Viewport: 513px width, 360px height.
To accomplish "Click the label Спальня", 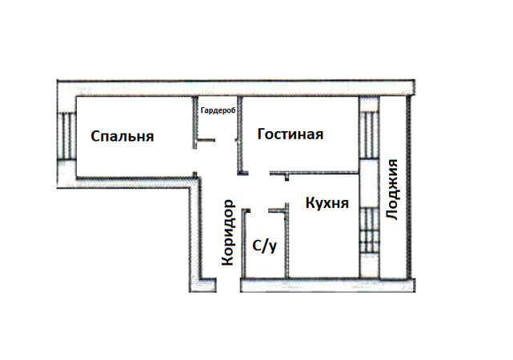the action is [x=122, y=136].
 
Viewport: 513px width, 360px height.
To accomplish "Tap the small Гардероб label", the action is [x=218, y=110].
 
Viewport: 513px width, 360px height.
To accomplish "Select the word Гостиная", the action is [x=291, y=134].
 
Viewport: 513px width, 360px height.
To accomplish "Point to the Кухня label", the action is [x=327, y=202].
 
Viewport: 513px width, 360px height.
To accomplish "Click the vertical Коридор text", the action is [x=228, y=233].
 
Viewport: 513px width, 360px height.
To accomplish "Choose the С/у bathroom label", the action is [x=265, y=246].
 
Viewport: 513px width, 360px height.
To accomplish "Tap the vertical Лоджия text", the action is [x=391, y=190].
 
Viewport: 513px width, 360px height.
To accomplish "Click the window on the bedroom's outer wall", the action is [x=66, y=136].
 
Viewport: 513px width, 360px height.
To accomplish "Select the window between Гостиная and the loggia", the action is [x=370, y=135].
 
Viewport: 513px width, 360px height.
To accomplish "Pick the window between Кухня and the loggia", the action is [x=370, y=230].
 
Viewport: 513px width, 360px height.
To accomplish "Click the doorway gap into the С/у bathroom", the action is [x=259, y=211].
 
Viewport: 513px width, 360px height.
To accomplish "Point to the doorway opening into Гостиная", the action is [x=259, y=173].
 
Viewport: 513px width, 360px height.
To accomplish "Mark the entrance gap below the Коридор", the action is [x=228, y=285].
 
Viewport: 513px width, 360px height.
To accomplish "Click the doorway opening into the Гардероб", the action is [x=225, y=140].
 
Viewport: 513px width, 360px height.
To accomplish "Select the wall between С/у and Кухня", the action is [x=287, y=241].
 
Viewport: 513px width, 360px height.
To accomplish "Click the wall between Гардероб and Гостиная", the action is [x=240, y=135].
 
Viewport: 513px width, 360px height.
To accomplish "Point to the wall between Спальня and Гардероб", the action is [x=195, y=122].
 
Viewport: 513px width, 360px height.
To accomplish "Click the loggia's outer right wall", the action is [x=408, y=187].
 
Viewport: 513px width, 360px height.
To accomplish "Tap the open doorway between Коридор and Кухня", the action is [x=287, y=192].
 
